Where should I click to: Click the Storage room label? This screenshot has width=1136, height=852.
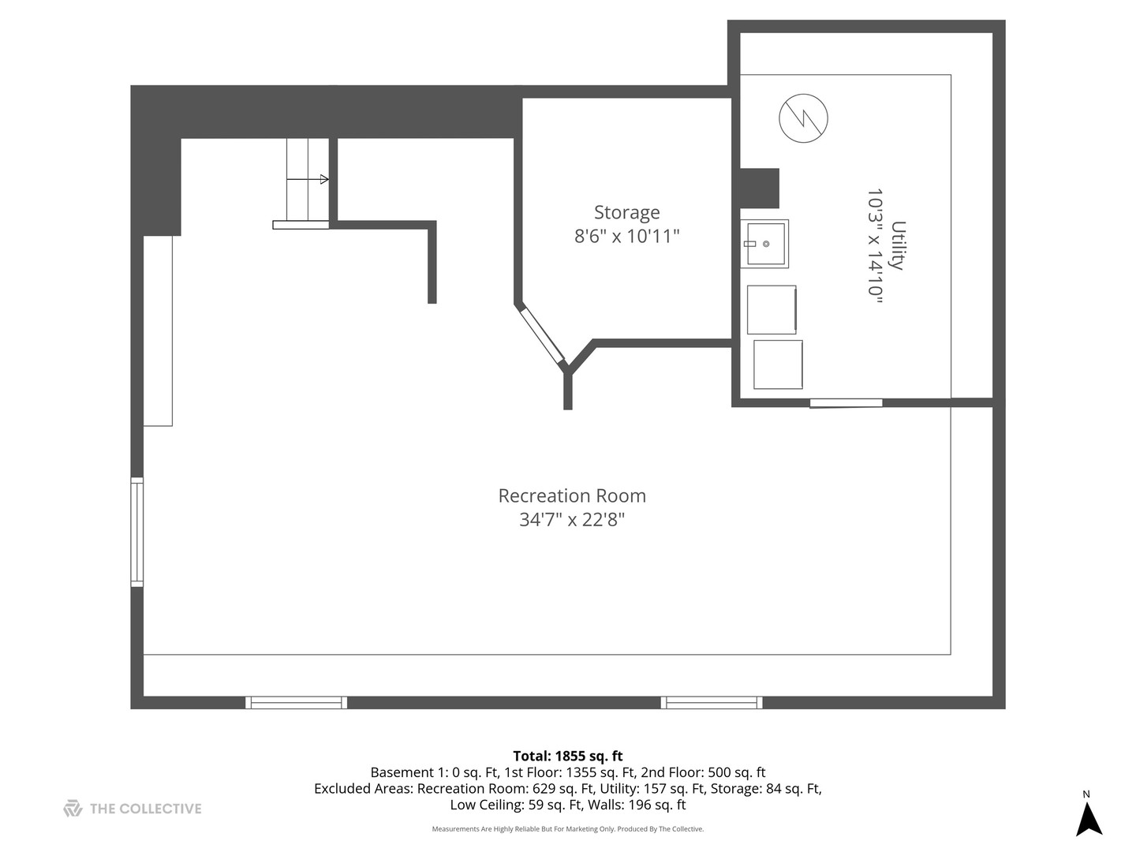coord(626,212)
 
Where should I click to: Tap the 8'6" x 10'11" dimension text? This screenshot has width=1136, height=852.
coord(626,236)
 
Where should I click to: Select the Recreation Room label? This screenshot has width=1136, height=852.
coord(572,496)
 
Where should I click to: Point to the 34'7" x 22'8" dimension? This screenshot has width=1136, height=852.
coord(572,520)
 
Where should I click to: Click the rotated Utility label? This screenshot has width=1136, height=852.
coord(898,245)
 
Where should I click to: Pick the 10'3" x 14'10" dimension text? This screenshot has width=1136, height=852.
coord(874,245)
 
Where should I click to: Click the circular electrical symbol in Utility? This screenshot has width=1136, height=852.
coord(803,118)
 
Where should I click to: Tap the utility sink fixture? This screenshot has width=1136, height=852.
coord(764,244)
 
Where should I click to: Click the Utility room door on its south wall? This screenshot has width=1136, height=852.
coord(846,403)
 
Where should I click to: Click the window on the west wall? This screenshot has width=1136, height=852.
coord(137,532)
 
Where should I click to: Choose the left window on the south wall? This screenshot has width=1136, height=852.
coord(296,702)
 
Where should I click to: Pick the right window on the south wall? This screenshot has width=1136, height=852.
coord(712,702)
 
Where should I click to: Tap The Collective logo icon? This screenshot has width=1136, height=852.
coord(73,809)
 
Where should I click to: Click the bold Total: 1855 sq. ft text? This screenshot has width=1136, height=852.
coord(568,756)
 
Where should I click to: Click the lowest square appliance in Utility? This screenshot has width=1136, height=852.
coord(778,364)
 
